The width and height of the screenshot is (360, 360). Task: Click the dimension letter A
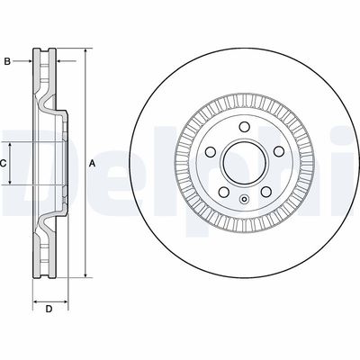coord(93,164)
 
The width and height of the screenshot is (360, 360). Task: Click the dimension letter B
coord(7,61)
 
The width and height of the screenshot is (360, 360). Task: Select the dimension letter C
coord(3,164)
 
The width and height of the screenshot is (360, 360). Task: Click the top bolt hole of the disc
coord(245,126)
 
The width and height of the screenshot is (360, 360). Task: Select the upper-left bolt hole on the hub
coord(211,151)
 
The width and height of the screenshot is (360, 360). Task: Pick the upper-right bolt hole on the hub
coord(279,151)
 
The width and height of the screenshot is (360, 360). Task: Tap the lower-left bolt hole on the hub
coord(223,192)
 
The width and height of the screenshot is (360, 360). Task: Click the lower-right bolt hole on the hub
coord(266,192)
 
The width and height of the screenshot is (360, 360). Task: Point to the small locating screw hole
coord(245,199)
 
